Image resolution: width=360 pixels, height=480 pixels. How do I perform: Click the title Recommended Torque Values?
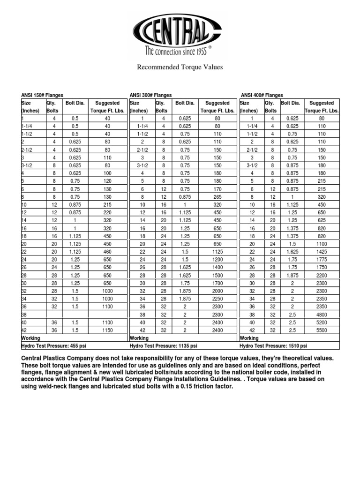pos(180,67)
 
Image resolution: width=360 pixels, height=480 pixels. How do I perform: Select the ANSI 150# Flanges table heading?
pos(42,95)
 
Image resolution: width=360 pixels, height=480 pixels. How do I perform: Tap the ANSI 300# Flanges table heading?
pos(150,95)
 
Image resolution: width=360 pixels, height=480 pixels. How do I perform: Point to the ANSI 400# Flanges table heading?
pos(262,95)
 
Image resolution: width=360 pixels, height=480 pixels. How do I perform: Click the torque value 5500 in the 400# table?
pos(322,330)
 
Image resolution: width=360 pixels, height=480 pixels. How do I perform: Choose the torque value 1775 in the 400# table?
pos(322,259)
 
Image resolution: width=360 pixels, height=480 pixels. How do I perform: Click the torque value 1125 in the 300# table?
pos(217,251)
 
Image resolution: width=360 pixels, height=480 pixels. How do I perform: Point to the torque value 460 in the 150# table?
pos(107,251)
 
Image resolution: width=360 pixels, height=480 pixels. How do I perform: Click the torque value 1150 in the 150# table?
pos(107,330)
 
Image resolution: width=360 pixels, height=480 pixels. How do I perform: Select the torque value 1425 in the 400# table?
pos(322,251)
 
